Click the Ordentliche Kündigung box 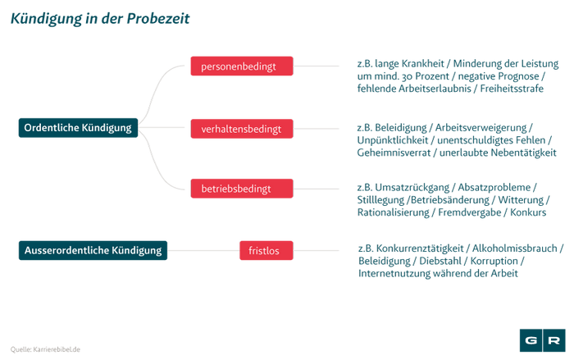point(78,128)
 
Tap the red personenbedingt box point(241,66)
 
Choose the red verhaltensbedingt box point(241,129)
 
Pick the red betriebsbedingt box point(241,189)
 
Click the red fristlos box point(265,250)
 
